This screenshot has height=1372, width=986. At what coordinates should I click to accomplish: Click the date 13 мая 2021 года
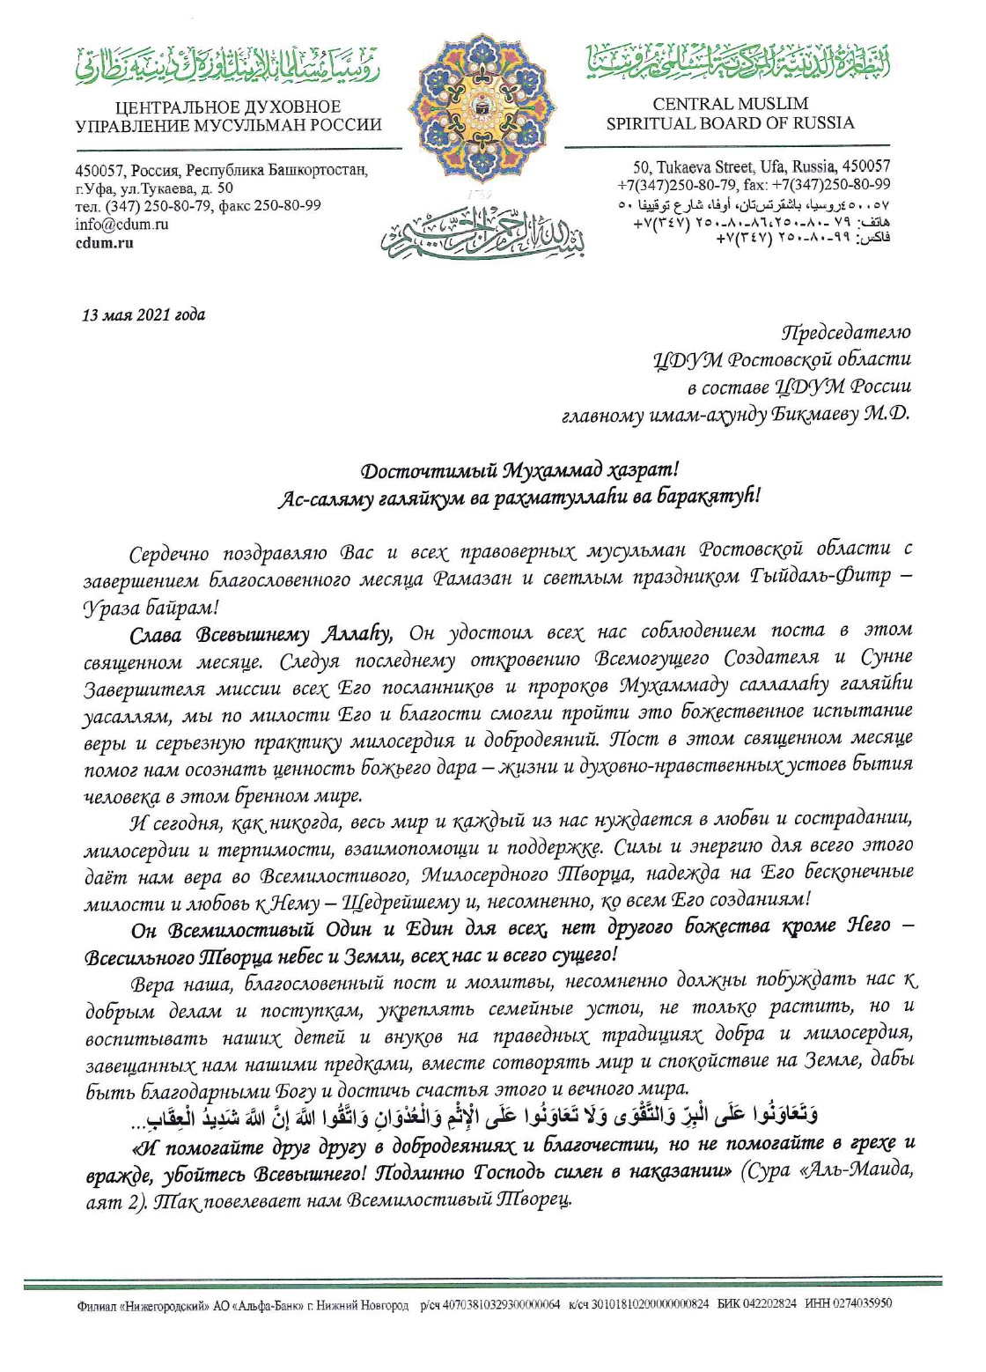coord(143,315)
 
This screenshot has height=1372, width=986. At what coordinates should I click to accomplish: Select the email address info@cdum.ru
coord(121,224)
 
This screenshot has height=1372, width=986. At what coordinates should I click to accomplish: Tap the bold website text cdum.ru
coord(105,242)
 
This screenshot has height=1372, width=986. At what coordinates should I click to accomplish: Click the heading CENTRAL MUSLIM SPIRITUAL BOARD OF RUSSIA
coord(730,114)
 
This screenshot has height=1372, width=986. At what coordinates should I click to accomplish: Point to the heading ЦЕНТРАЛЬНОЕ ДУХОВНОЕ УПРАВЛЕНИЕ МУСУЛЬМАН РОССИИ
coord(228,116)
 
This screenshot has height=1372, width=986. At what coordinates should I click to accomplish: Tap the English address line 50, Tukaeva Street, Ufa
coord(762,166)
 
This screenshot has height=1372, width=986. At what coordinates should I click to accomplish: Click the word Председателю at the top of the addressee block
coord(846,333)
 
